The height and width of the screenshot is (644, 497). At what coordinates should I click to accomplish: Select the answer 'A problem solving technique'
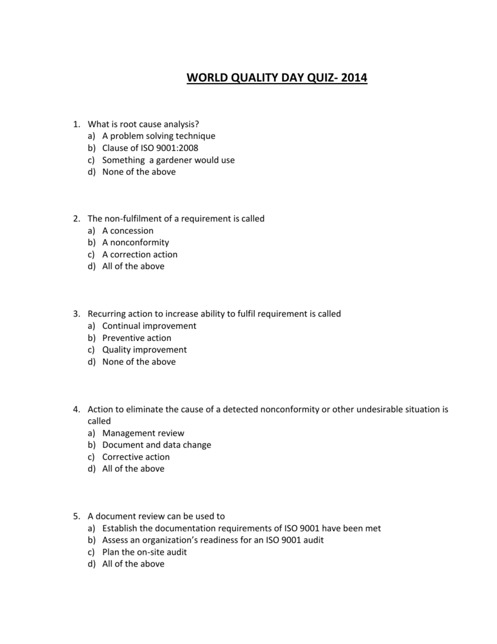click(158, 136)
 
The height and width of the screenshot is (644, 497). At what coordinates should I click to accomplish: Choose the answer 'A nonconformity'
click(135, 242)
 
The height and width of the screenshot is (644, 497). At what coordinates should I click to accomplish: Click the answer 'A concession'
click(128, 230)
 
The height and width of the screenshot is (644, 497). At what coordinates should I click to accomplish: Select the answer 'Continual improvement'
click(149, 326)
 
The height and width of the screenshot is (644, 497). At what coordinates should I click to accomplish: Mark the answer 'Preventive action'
click(136, 338)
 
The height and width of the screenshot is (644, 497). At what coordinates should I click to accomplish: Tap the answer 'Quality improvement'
click(145, 350)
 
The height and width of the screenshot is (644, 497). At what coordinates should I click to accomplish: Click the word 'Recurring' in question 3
click(107, 314)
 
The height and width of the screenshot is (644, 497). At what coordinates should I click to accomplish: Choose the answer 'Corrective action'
click(136, 457)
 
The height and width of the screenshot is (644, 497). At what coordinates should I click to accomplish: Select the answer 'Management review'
click(143, 433)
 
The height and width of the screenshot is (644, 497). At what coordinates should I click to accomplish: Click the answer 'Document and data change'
click(156, 445)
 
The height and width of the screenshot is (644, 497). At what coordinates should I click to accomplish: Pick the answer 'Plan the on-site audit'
click(145, 552)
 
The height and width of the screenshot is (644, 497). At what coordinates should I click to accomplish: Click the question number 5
click(76, 516)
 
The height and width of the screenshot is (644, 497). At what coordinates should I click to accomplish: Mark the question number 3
click(76, 314)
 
